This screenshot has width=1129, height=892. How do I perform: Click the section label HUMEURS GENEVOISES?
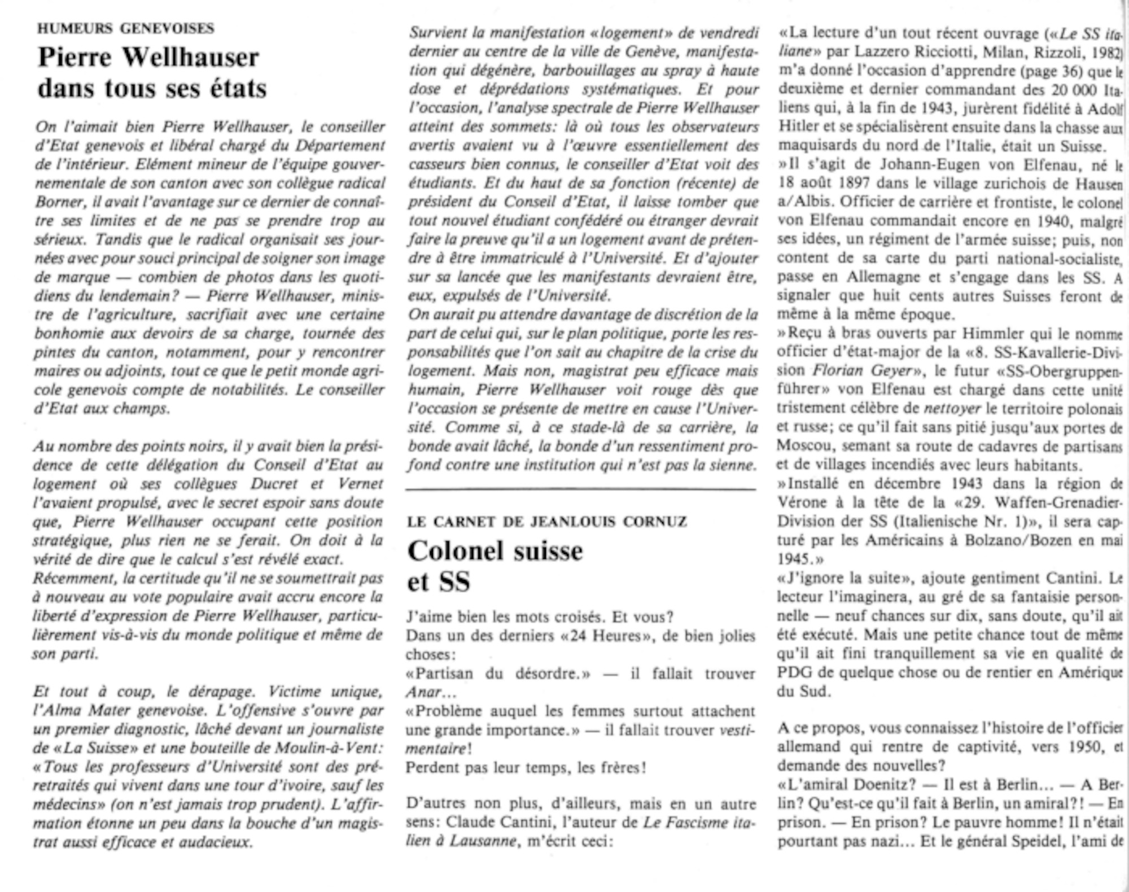[126, 28]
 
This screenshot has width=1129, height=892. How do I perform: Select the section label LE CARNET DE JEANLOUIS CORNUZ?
[546, 522]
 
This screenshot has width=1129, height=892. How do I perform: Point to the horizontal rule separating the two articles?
[580, 489]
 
